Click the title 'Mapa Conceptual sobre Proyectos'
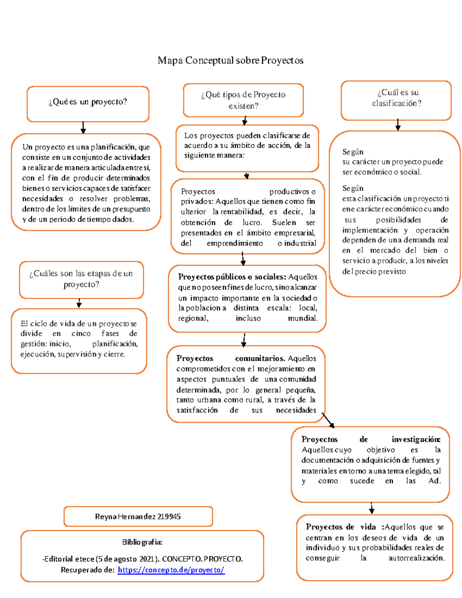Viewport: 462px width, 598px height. (x=230, y=60)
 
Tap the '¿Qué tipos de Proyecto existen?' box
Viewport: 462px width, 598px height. (x=243, y=100)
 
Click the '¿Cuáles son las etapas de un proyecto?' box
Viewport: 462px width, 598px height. (x=81, y=279)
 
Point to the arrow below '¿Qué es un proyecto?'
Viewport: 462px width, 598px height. (x=83, y=127)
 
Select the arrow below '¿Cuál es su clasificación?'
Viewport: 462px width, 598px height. (x=398, y=125)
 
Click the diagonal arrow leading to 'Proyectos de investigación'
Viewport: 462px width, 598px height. (x=328, y=420)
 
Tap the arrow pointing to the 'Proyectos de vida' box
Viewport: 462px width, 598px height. (x=372, y=508)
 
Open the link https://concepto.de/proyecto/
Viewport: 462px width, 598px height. (x=171, y=570)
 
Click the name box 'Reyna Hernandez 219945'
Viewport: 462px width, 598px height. (x=138, y=517)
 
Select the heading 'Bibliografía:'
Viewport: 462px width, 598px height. (x=142, y=542)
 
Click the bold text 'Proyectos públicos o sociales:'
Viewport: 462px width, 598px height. (x=232, y=277)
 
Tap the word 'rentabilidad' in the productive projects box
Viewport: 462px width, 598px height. (x=242, y=212)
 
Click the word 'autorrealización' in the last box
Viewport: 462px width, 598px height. (x=416, y=558)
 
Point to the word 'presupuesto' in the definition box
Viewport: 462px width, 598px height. (x=131, y=209)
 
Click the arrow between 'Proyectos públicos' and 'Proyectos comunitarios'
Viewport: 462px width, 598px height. (x=244, y=340)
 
